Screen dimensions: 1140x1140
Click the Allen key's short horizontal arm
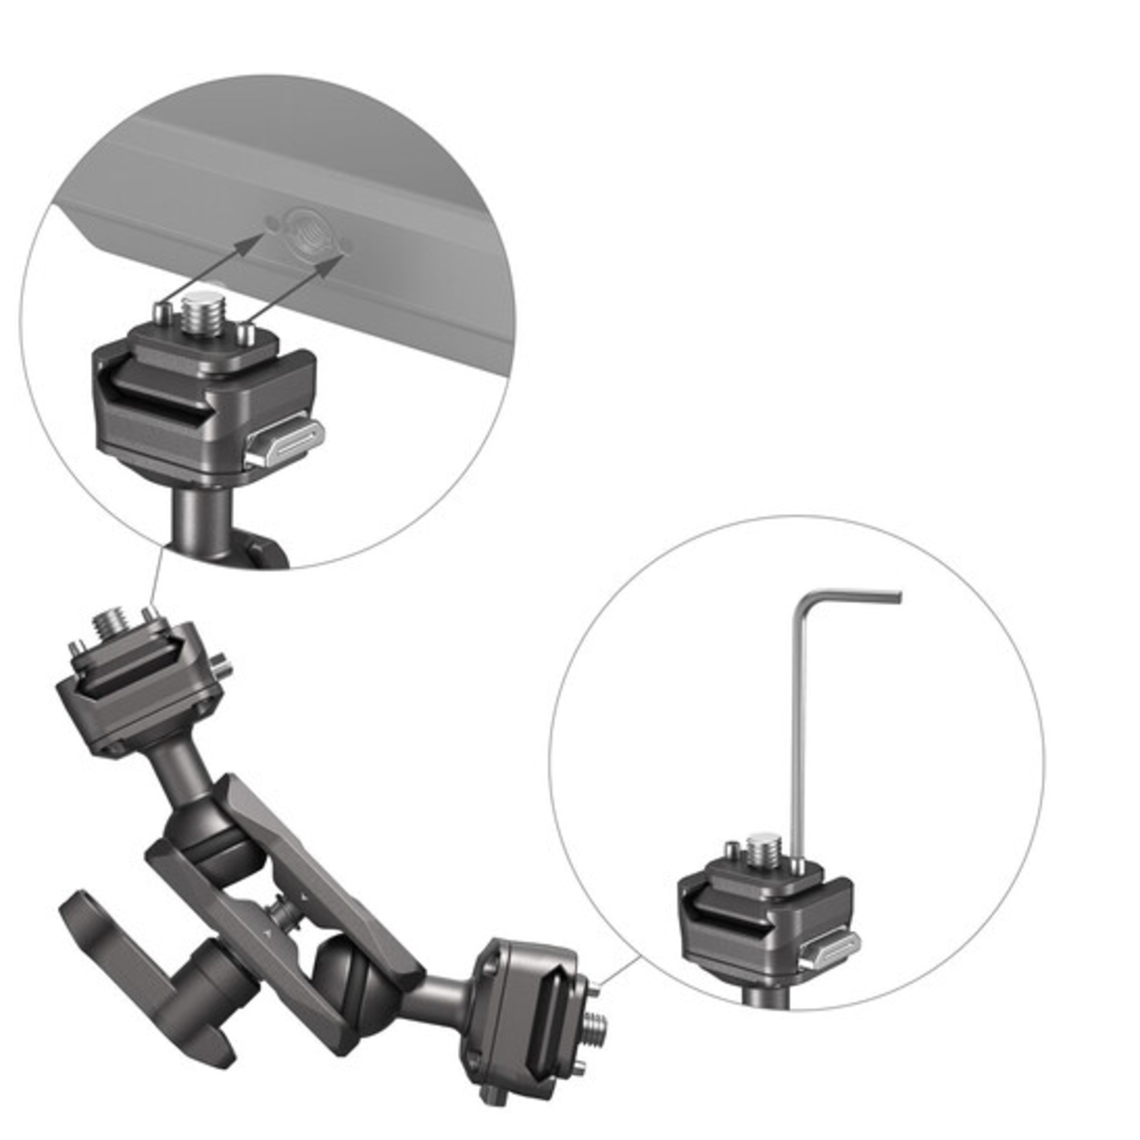tap(856, 595)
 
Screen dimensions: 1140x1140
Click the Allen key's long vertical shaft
tap(798, 725)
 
